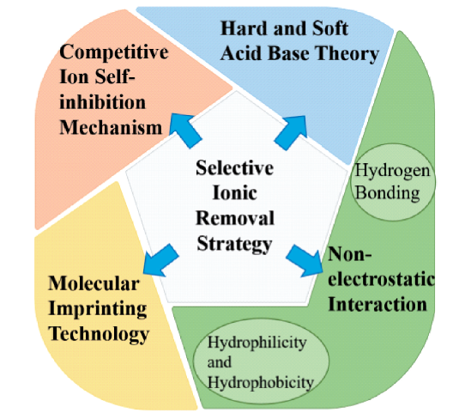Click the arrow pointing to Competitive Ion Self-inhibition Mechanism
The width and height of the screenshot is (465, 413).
click(x=185, y=131)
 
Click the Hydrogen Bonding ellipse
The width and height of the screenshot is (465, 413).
click(x=393, y=182)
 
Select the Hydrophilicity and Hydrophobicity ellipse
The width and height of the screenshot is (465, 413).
click(x=261, y=361)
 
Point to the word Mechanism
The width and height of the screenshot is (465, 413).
click(x=111, y=128)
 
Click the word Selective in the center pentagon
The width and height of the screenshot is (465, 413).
click(x=234, y=168)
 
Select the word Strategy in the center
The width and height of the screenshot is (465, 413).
click(x=234, y=245)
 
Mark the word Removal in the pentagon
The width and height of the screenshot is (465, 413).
click(x=235, y=218)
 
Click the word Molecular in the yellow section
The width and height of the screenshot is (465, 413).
click(x=94, y=283)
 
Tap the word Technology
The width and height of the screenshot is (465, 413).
click(x=99, y=335)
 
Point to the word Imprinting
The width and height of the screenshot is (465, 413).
click(x=98, y=309)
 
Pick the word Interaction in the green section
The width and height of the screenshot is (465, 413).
click(x=377, y=305)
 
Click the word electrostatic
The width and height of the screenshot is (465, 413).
click(x=382, y=279)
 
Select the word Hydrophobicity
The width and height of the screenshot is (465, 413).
click(x=260, y=382)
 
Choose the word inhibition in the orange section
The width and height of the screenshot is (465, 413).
click(x=103, y=102)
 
